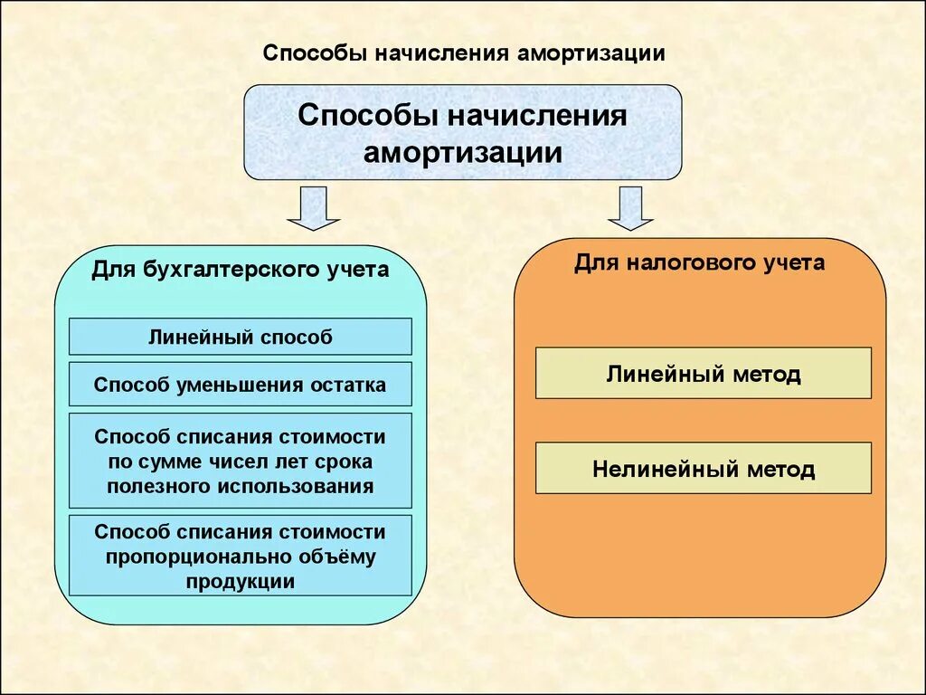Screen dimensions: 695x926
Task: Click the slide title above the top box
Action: (464, 53)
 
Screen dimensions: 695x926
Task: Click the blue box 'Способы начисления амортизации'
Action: (462, 132)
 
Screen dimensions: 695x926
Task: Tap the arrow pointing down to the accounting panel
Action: (313, 208)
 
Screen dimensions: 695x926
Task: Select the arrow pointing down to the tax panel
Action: (630, 208)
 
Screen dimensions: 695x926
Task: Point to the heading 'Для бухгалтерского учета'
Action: (240, 270)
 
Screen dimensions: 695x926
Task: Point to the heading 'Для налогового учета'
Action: (699, 263)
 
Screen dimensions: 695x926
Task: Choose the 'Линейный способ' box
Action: (240, 337)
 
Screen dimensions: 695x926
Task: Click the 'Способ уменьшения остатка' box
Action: (240, 385)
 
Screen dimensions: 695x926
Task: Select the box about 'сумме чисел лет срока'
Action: (240, 462)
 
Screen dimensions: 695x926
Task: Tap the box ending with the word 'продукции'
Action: (240, 557)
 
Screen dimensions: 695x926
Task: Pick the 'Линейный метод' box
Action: (703, 373)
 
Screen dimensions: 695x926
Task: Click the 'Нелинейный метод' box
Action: (703, 469)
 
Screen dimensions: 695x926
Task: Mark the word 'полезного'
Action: (160, 486)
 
